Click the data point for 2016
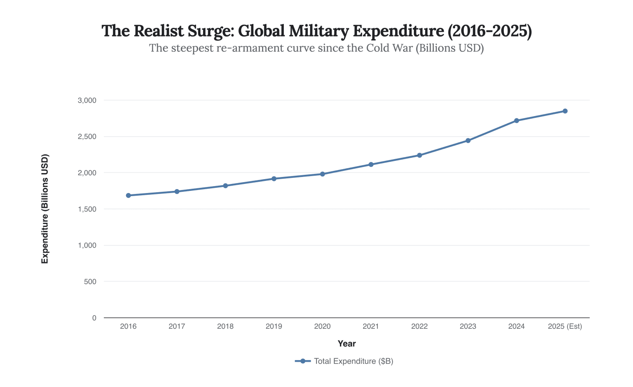coord(128,195)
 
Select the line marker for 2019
coord(274,179)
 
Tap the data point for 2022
coord(420,155)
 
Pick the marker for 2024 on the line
coord(516,120)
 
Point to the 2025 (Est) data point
coord(565,111)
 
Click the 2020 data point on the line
coord(323,174)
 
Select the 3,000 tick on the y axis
coord(87,100)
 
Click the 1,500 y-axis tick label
coord(87,209)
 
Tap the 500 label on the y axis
coord(90,282)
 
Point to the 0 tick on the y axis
coord(94,318)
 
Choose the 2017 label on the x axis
coord(177,327)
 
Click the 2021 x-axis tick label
coord(371,327)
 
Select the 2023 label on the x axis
coord(468,327)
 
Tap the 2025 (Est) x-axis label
coord(565,327)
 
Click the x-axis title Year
coord(346,344)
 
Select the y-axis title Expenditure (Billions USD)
coord(45,209)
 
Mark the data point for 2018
coord(225,186)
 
